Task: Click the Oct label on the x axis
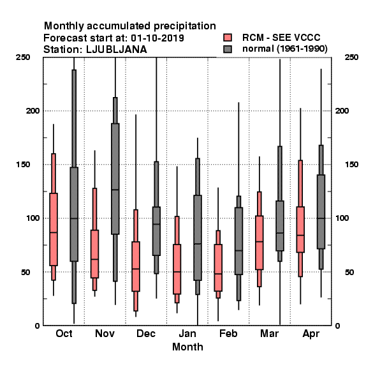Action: point(64,333)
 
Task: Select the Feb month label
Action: point(228,333)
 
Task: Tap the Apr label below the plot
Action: point(311,334)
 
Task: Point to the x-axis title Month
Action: point(187,347)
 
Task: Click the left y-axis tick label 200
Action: point(33,110)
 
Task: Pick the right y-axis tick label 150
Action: point(351,165)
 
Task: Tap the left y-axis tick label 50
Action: point(26,272)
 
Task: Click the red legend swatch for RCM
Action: point(228,38)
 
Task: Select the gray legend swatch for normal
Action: point(228,49)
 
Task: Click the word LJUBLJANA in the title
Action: point(117,50)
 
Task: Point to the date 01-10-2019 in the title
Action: point(157,38)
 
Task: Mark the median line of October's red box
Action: point(54,232)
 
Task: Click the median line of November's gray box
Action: point(115,190)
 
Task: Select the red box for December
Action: point(136,266)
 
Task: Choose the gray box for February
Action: point(238,241)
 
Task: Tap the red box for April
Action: point(300,230)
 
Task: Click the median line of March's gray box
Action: point(280,233)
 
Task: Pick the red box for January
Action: point(177,269)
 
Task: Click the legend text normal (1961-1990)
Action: point(285,49)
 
